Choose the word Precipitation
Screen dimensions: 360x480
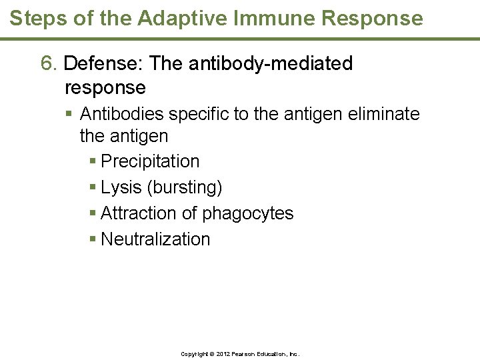tap(150, 162)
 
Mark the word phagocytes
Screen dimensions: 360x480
tap(247, 213)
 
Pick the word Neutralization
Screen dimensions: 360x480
tap(155, 239)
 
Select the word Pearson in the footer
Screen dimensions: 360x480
tap(243, 354)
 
